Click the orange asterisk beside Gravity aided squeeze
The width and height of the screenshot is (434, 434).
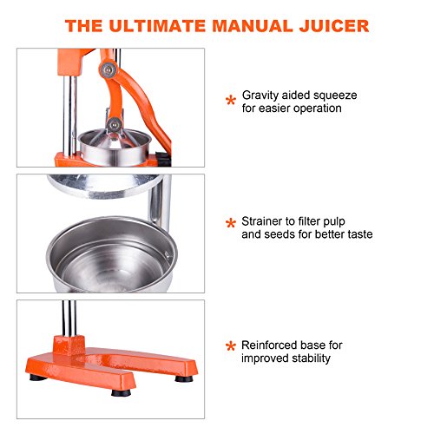(230, 101)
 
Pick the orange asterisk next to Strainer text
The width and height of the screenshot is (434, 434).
(230, 225)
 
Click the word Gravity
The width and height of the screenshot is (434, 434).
(263, 94)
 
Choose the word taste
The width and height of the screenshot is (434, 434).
(357, 234)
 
